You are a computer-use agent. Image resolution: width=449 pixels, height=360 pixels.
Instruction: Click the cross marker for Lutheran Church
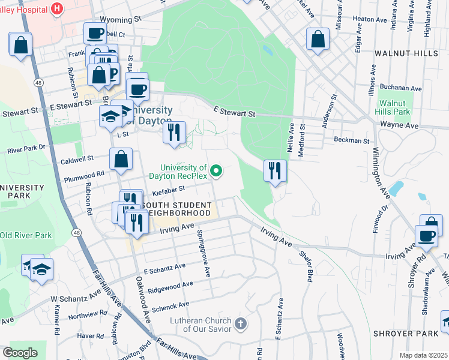(x=240, y=324)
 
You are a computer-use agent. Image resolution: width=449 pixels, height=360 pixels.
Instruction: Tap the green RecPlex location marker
(x=217, y=172)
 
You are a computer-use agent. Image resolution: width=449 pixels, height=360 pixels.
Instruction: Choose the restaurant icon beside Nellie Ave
(x=275, y=171)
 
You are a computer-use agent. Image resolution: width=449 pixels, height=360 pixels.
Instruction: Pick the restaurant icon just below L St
(x=174, y=133)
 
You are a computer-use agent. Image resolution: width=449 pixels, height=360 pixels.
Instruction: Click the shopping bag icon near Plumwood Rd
(x=121, y=160)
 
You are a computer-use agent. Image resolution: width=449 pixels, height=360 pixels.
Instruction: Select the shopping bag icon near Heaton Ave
(x=318, y=40)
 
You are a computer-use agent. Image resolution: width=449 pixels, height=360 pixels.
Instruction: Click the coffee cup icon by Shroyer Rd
(x=427, y=236)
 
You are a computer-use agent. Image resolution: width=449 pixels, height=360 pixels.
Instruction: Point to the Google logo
(x=20, y=352)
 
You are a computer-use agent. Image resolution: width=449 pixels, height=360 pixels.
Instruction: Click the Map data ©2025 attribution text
(x=423, y=355)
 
